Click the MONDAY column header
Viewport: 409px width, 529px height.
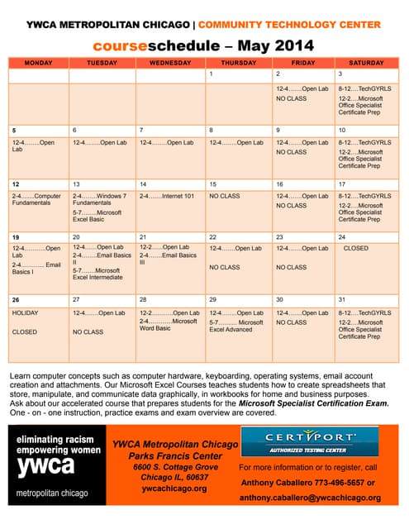pyautogui.click(x=38, y=63)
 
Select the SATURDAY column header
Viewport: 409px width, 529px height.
pyautogui.click(x=365, y=63)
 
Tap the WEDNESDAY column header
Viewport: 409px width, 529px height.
pyautogui.click(x=170, y=63)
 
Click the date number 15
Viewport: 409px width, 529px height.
pyautogui.click(x=212, y=184)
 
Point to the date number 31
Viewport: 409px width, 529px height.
pyautogui.click(x=342, y=300)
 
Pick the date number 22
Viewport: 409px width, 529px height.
pyautogui.click(x=212, y=236)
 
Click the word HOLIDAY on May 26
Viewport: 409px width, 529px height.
pyautogui.click(x=25, y=313)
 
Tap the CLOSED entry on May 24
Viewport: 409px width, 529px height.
pyautogui.click(x=356, y=247)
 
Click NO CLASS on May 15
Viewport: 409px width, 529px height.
pyautogui.click(x=225, y=196)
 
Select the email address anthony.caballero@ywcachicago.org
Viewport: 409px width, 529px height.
pyautogui.click(x=310, y=498)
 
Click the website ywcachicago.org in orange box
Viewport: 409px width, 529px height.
pyautogui.click(x=174, y=488)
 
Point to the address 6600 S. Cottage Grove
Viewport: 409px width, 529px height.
pyautogui.click(x=174, y=467)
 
